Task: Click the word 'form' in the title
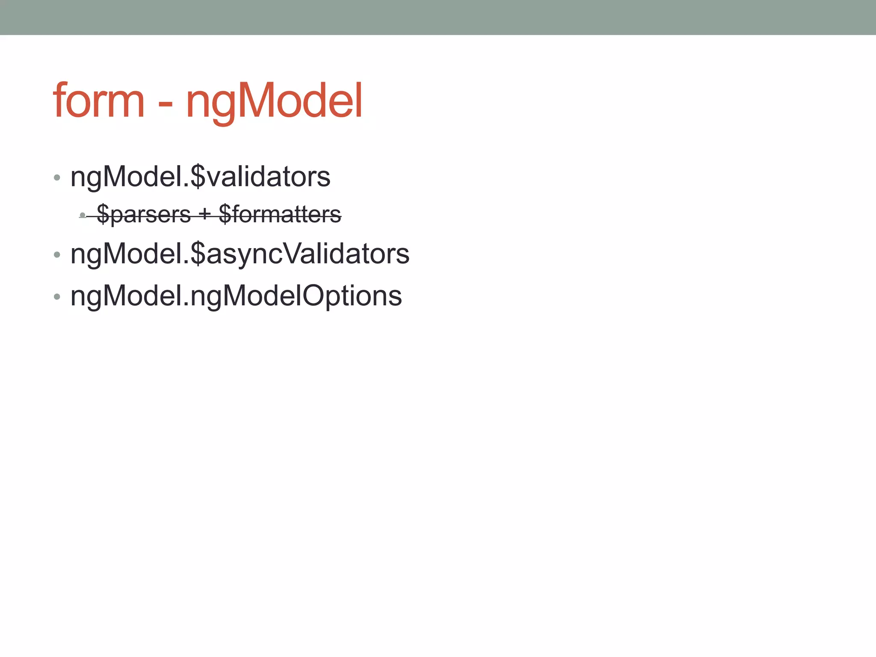click(99, 101)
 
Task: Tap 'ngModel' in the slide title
click(274, 101)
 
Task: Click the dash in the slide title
click(165, 105)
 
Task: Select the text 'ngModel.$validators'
click(200, 177)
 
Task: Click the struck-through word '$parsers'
click(144, 214)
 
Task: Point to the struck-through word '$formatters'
click(280, 214)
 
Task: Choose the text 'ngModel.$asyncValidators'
click(240, 254)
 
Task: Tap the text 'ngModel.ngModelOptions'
click(236, 296)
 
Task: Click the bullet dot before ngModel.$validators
click(57, 178)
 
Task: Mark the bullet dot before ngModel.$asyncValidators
click(57, 255)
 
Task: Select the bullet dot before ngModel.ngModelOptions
click(57, 297)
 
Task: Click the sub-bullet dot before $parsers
click(83, 215)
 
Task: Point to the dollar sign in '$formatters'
click(225, 214)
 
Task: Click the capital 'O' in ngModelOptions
click(315, 296)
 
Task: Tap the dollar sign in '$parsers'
click(103, 214)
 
